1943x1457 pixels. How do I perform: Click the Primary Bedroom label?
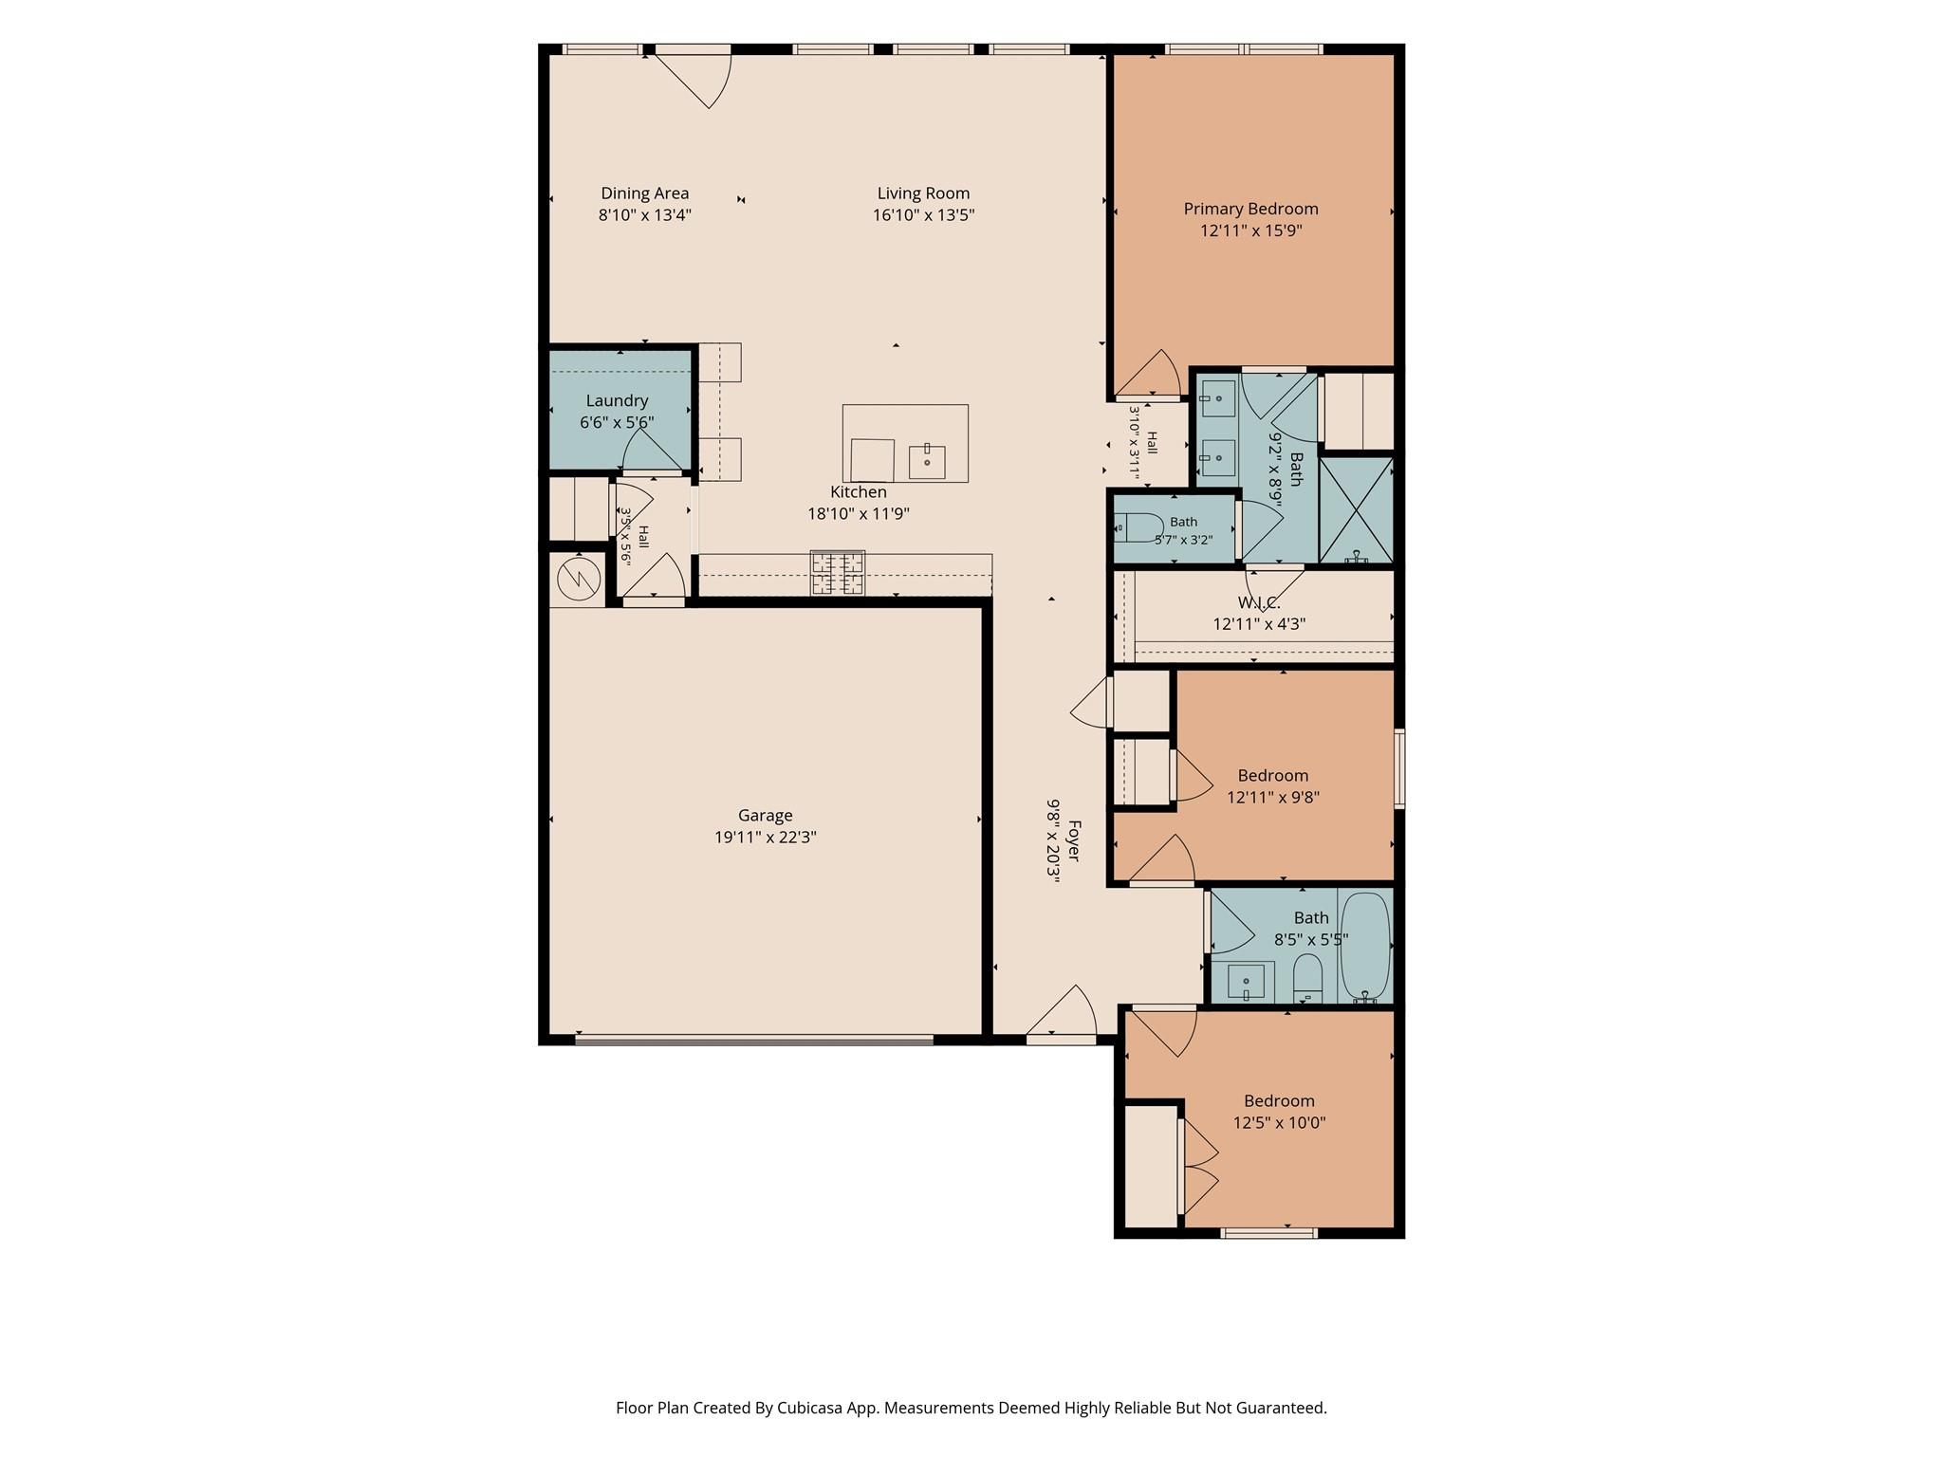[x=1250, y=209]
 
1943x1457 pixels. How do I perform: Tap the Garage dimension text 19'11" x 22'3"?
[x=766, y=838]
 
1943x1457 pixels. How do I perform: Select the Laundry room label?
[x=617, y=401]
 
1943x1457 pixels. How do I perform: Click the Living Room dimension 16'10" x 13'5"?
[x=923, y=215]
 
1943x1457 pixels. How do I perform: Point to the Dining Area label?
[x=644, y=194]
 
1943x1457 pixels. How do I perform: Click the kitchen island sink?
[x=927, y=462]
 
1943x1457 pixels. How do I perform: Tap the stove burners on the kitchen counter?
[x=838, y=573]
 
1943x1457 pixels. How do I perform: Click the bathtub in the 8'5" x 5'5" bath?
[x=1365, y=948]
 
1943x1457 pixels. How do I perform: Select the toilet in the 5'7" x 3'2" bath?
[x=1138, y=526]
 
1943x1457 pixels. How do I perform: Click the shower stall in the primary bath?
[x=1357, y=511]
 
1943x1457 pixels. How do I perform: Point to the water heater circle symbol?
[x=579, y=579]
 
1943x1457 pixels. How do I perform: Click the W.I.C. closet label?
[x=1259, y=603]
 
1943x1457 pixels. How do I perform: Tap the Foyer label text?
[x=1074, y=840]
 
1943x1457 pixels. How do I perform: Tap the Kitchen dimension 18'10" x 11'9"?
[x=859, y=514]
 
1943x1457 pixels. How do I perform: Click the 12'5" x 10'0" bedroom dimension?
[x=1279, y=1123]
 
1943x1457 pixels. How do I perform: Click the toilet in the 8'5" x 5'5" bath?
[x=1308, y=978]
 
